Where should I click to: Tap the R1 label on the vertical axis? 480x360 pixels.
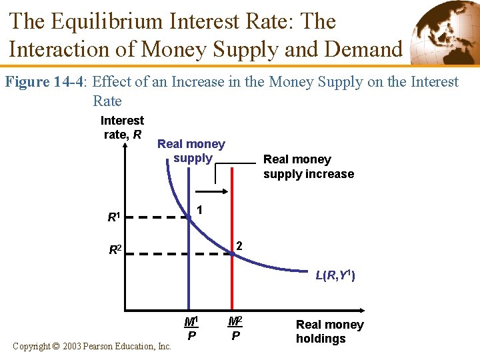pos(114,217)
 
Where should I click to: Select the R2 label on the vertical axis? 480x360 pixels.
pos(115,251)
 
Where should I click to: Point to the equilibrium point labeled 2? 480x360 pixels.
pos(231,253)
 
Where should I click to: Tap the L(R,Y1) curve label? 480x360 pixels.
pos(335,275)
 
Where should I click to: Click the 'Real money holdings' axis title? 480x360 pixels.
pos(329,331)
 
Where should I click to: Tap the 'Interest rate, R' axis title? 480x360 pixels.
pos(122,127)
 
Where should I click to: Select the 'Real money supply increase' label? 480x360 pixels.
pos(308,167)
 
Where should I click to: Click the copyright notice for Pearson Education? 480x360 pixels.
pos(92,347)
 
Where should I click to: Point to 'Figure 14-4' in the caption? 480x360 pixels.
pos(46,82)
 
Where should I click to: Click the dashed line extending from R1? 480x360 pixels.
pos(157,217)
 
